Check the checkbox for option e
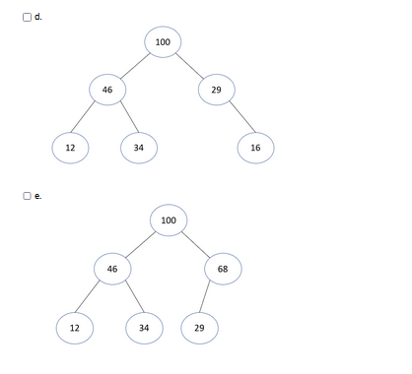click(x=29, y=196)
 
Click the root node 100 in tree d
click(x=163, y=41)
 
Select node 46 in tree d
click(x=107, y=90)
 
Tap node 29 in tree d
click(x=216, y=90)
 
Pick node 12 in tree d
click(x=71, y=148)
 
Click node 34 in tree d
click(x=138, y=148)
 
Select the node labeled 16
click(x=255, y=148)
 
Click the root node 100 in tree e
click(x=169, y=219)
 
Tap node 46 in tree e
click(x=112, y=268)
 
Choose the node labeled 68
click(x=223, y=268)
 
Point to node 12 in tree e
click(x=75, y=327)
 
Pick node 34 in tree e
click(x=144, y=327)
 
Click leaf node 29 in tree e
click(x=199, y=327)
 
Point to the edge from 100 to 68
click(x=196, y=244)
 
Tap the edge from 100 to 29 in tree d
click(x=190, y=66)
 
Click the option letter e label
click(x=38, y=196)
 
